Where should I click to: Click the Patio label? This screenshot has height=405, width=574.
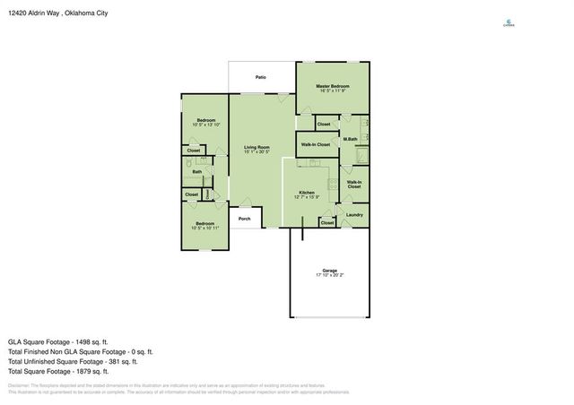260,77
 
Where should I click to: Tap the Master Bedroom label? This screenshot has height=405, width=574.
332,86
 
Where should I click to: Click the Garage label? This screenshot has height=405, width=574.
330,270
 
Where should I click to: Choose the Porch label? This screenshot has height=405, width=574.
244,218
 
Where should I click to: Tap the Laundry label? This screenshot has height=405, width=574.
354,214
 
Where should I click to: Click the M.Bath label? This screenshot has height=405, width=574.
351,139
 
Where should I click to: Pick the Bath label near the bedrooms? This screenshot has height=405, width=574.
196,171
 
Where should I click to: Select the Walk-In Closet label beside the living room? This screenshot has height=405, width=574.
315,144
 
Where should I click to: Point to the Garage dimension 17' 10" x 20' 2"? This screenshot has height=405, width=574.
330,275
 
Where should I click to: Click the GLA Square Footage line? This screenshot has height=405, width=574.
58,341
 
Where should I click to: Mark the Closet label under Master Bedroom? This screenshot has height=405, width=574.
324,124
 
